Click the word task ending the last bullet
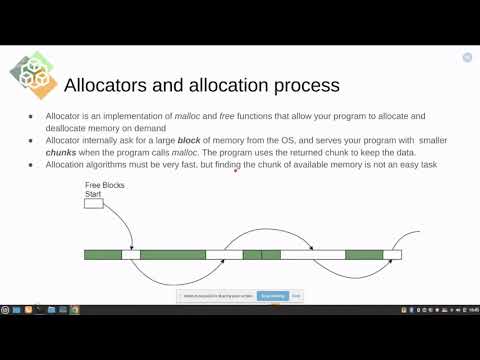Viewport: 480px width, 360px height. pos(428,164)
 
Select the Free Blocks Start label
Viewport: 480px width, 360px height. pos(101,189)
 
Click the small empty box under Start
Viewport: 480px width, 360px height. pos(93,204)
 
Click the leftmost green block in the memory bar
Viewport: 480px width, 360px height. pos(102,255)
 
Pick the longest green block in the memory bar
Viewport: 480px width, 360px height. pos(172,255)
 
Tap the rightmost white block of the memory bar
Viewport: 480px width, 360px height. pos(392,255)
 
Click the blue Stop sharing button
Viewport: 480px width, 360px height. pos(272,296)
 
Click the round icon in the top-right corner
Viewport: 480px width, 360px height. pos(467,58)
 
